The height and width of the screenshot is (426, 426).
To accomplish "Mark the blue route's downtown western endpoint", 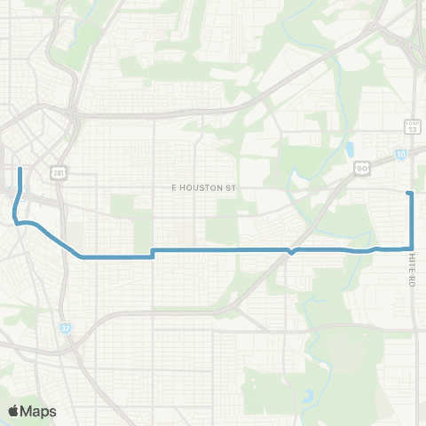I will pos(20,167).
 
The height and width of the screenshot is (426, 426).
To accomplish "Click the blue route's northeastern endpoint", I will pos(408,193).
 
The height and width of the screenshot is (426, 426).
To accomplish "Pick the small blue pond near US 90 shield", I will pos(352,148).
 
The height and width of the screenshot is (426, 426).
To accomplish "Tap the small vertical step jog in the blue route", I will pos(153,254).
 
